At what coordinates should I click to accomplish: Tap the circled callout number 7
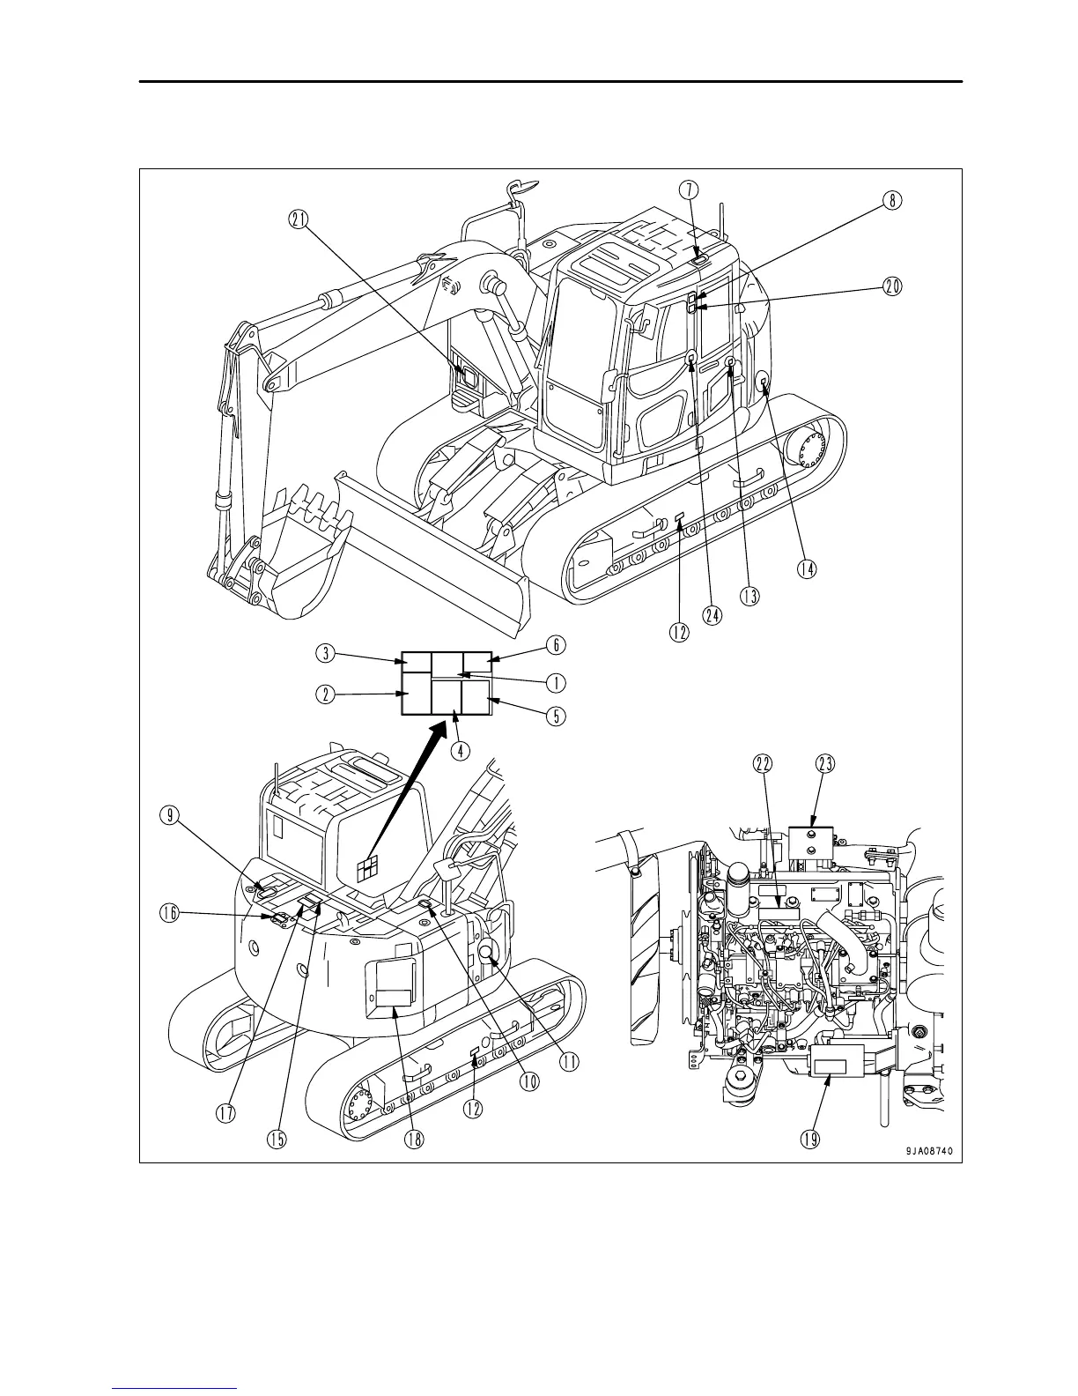click(x=690, y=189)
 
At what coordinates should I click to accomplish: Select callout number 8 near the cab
click(x=892, y=200)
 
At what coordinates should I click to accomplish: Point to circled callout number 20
click(x=892, y=286)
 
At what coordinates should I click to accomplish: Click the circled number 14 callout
click(x=805, y=569)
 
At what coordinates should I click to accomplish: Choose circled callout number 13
click(x=749, y=596)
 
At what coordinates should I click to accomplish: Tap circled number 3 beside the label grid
click(x=326, y=653)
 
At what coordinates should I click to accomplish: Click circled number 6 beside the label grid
click(x=556, y=645)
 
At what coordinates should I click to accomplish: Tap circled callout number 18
click(x=414, y=1139)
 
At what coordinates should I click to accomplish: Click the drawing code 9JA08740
click(x=926, y=1149)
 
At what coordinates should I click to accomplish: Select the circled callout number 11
click(x=570, y=1062)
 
